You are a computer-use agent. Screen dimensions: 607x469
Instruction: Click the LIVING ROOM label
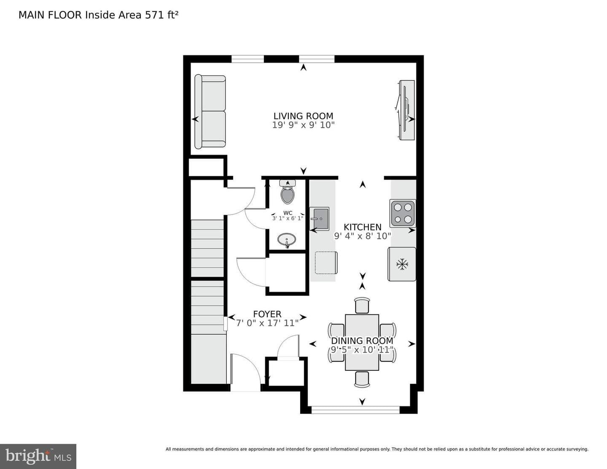(x=303, y=116)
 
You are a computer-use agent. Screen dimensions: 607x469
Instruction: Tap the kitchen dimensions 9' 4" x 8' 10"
(x=362, y=236)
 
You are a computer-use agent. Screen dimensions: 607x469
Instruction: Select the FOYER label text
(x=267, y=314)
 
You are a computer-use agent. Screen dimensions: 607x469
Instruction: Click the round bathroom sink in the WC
(x=287, y=240)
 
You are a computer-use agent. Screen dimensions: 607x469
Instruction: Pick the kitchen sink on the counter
(x=320, y=219)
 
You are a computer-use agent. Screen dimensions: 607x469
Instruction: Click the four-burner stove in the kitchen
(x=403, y=213)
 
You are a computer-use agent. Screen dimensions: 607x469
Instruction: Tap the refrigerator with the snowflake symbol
(x=402, y=264)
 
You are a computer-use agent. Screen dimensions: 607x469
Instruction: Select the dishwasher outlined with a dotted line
(x=326, y=263)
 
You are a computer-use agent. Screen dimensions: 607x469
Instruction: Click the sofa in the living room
(x=210, y=111)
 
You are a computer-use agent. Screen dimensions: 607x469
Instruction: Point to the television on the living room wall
(x=406, y=110)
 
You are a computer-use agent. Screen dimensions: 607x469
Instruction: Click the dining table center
(x=362, y=343)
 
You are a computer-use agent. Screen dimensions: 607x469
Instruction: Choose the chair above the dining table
(x=362, y=305)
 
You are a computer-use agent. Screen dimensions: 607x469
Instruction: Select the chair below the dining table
(x=362, y=380)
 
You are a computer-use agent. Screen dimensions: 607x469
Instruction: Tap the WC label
(x=287, y=213)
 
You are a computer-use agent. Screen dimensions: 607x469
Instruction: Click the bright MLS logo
(x=38, y=456)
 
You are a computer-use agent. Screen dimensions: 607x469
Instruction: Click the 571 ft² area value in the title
(x=161, y=15)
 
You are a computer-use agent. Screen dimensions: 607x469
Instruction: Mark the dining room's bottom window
(x=356, y=410)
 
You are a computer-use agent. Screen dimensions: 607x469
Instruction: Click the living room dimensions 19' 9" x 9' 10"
(x=303, y=125)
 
